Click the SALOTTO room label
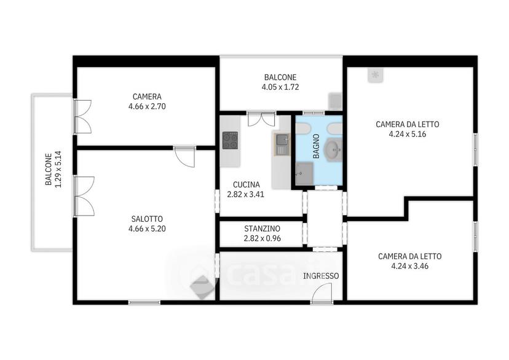[x=147, y=219]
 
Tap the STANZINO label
[x=262, y=229]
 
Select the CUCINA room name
[x=247, y=184]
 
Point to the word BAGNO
[x=316, y=146]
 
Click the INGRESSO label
[x=321, y=276]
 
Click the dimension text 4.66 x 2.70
[x=147, y=106]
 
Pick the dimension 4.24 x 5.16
[x=408, y=134]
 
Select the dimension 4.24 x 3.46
[x=409, y=266]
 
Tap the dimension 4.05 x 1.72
[x=280, y=87]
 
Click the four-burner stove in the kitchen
[x=230, y=140]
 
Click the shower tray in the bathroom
[x=304, y=173]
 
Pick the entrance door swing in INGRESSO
[x=322, y=293]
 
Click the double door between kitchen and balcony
[x=261, y=119]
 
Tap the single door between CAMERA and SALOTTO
[x=185, y=157]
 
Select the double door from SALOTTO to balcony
[x=84, y=196]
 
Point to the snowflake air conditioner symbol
[x=376, y=75]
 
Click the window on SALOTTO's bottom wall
[x=144, y=302]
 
